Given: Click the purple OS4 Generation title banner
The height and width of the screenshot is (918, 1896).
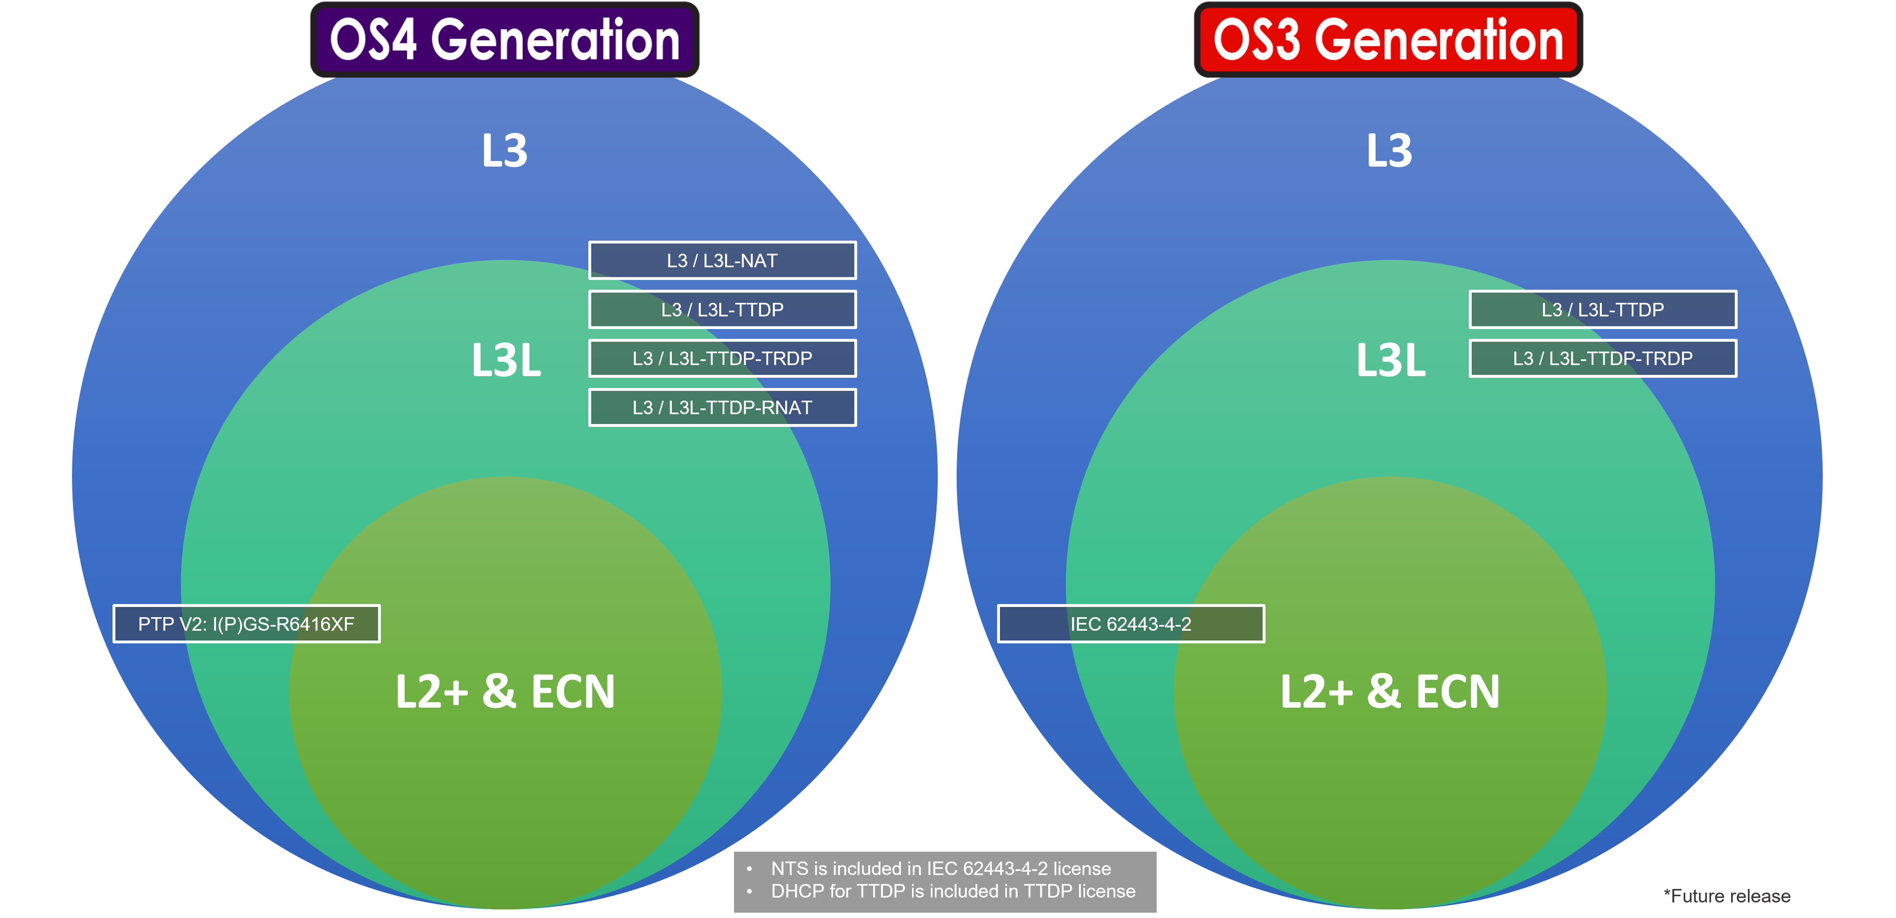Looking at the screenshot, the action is pyautogui.click(x=504, y=40).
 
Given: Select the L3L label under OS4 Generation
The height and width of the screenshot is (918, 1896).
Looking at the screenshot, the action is pyautogui.click(x=507, y=361).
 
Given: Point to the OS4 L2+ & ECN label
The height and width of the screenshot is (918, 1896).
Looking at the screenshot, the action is pyautogui.click(x=505, y=692).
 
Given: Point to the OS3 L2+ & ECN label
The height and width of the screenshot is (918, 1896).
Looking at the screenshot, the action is pyautogui.click(x=1389, y=692).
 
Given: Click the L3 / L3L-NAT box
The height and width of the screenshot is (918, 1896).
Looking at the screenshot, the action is pyautogui.click(x=722, y=261).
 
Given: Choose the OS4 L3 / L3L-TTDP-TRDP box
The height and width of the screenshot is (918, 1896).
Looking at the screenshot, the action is pyautogui.click(x=722, y=359).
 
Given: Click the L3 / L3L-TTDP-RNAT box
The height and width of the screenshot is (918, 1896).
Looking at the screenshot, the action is pyautogui.click(x=722, y=408).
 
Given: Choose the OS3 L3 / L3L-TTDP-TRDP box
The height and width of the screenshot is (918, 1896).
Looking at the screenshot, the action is pyautogui.click(x=1602, y=359).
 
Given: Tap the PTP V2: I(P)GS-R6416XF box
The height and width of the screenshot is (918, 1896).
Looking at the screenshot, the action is pyautogui.click(x=247, y=624).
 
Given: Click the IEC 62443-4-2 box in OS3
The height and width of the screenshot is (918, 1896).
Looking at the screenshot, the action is pyautogui.click(x=1130, y=624).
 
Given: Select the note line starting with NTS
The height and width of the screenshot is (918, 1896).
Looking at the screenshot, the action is pyautogui.click(x=941, y=868).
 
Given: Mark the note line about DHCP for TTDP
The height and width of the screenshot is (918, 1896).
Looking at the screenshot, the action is pyautogui.click(x=953, y=891).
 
